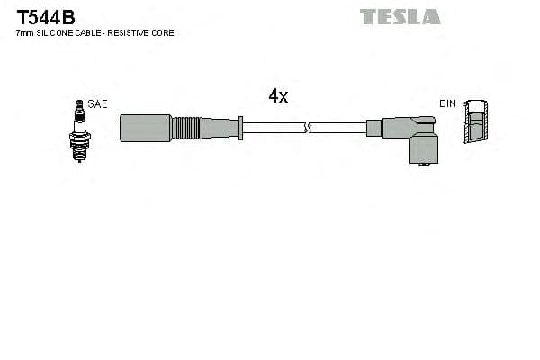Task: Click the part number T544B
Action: click(x=45, y=16)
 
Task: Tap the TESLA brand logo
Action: click(x=400, y=16)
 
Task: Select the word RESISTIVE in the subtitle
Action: click(x=133, y=33)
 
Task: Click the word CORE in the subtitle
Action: click(x=164, y=33)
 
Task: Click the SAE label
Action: click(x=97, y=104)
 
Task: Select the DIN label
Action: click(x=448, y=104)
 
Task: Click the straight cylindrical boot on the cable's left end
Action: click(x=145, y=128)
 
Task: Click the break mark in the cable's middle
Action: click(x=308, y=128)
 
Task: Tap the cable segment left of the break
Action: click(x=274, y=128)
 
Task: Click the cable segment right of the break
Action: click(x=337, y=128)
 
